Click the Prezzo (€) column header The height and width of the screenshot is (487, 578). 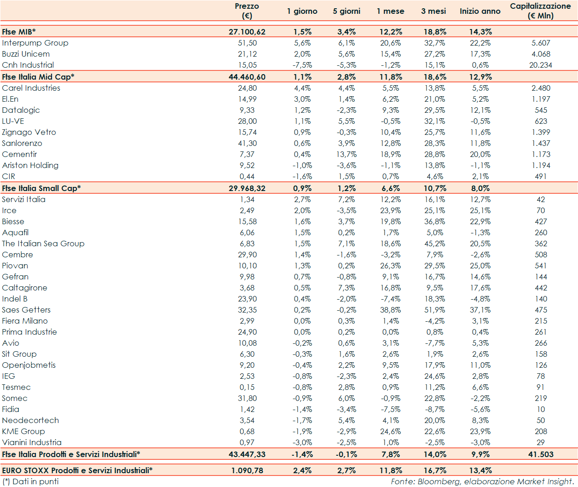(x=247, y=11)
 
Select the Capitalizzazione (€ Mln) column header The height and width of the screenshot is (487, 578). (x=540, y=11)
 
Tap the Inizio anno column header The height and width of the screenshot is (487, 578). (x=480, y=11)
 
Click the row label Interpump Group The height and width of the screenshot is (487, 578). (x=35, y=43)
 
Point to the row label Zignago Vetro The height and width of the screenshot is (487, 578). (x=29, y=132)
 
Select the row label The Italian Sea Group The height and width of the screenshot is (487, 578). (x=43, y=243)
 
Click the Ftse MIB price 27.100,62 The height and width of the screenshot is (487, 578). (x=247, y=32)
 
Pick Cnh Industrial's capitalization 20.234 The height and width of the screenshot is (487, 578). (x=540, y=65)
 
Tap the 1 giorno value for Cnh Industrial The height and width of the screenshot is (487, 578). (x=302, y=65)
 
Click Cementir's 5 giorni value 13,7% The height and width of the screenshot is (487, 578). (x=346, y=154)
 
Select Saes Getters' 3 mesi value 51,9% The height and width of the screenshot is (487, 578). (x=434, y=310)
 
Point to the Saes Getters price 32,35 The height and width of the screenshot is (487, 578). (x=248, y=310)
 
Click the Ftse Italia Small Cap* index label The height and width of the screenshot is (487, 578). (x=41, y=188)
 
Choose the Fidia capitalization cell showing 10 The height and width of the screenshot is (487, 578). (x=540, y=409)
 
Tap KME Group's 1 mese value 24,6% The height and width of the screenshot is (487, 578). (x=390, y=431)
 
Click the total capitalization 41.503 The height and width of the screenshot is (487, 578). (x=540, y=454)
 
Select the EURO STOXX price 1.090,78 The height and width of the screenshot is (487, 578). (x=247, y=470)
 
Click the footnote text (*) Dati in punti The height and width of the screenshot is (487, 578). (x=31, y=481)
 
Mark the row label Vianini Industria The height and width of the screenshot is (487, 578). (x=32, y=442)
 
